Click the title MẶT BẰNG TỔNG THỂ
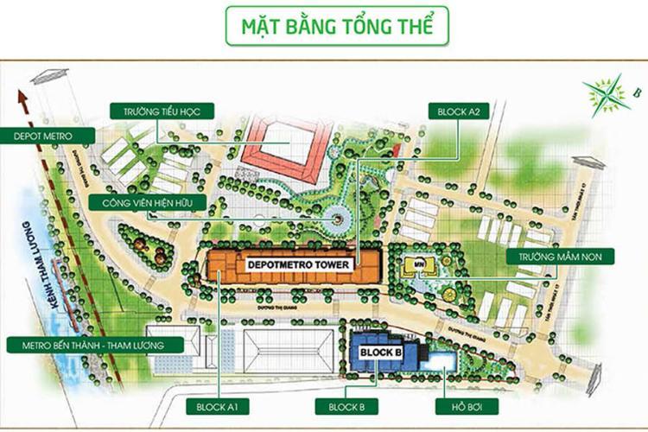337,26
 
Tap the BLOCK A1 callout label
218,406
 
